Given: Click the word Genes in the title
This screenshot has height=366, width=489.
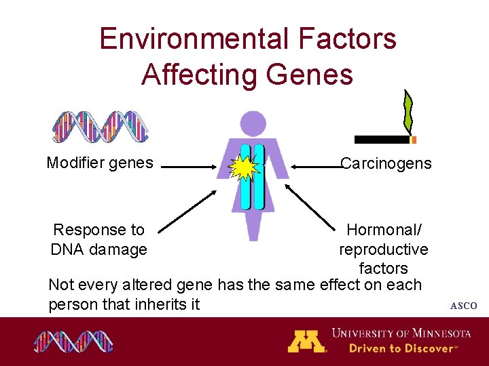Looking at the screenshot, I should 310,75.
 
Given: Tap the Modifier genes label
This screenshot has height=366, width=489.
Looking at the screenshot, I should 100,163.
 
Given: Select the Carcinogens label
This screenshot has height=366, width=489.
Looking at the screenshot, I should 386,163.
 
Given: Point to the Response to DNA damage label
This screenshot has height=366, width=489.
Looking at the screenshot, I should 99,240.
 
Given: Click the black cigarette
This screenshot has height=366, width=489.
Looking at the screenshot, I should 382,140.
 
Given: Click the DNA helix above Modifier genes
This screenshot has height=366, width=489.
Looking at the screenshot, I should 100,127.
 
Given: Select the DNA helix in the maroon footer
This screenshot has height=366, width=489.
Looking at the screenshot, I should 74,342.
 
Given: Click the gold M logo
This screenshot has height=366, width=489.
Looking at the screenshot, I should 307,340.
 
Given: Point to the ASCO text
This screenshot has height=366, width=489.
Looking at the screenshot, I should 464,306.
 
